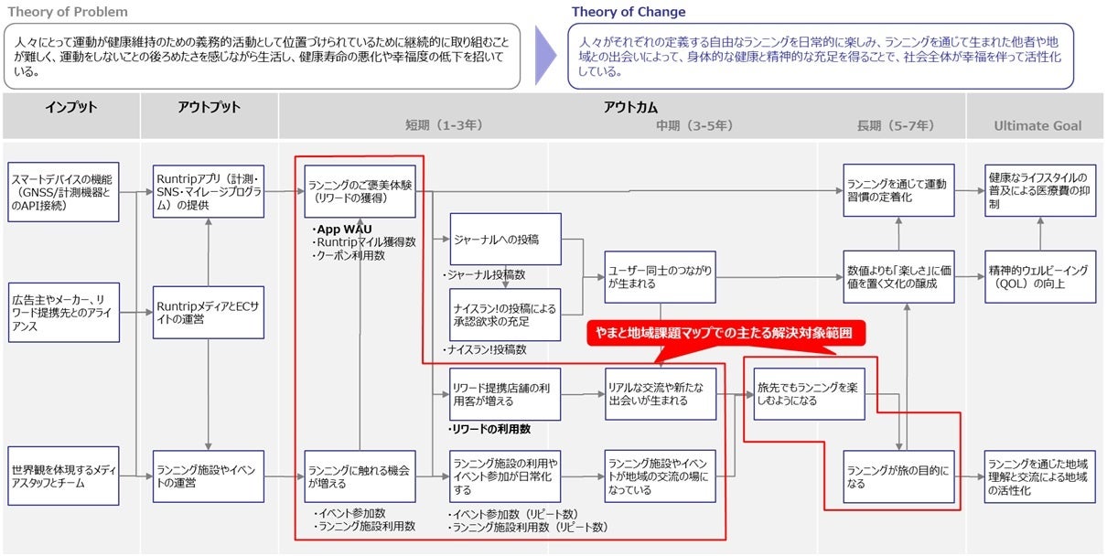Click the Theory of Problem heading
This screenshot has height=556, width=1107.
(69, 13)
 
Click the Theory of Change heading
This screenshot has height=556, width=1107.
(629, 13)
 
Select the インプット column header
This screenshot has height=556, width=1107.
(70, 108)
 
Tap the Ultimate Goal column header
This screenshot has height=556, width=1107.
(1037, 125)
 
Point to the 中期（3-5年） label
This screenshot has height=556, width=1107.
(694, 125)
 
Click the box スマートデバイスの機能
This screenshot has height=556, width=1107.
(64, 191)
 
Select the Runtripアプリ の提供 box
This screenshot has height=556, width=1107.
(209, 191)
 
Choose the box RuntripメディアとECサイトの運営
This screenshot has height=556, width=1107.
(209, 312)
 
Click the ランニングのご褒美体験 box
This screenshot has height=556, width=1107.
(360, 190)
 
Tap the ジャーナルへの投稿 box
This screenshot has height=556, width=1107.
(505, 240)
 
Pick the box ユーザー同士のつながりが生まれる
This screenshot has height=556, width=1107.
(660, 277)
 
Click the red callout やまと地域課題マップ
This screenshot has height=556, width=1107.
(725, 333)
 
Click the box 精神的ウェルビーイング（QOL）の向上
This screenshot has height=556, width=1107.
(1039, 277)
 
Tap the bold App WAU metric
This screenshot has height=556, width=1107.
(343, 229)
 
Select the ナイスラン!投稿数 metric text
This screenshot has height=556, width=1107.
(488, 350)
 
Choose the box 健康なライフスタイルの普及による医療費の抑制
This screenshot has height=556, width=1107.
(1039, 191)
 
